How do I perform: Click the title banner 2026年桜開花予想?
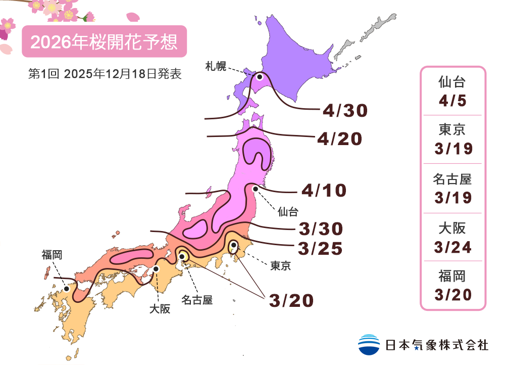pos(105,41)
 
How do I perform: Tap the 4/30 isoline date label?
pos(345,110)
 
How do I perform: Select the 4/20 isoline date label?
pos(339,139)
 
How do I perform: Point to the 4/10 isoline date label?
pos(324,191)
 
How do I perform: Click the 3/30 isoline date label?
pos(321,229)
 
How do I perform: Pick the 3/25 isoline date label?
pos(321,248)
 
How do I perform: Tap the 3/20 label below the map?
pos(291,300)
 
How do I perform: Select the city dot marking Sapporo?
pos(260,77)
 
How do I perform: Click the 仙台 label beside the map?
pos(288,211)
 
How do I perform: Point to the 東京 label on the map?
pos(281,265)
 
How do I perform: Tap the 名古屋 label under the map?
pos(197,300)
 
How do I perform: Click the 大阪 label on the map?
pos(159,308)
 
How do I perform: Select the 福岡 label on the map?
pos(52,255)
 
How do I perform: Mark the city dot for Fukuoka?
pos(67,289)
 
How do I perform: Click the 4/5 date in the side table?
pos(452,100)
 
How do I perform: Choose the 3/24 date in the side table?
pos(452,247)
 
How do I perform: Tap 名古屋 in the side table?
pos(452,179)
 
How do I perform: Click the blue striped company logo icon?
pos(369,345)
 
